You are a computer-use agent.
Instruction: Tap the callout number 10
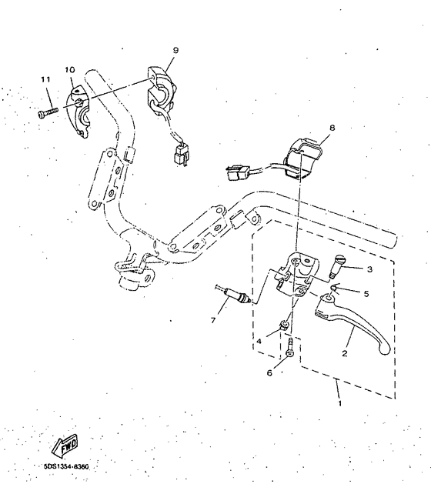[x=70, y=69]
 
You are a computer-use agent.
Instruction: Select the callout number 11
[x=45, y=80]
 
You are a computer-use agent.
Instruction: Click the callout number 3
[x=369, y=269]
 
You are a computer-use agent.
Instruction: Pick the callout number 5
[x=366, y=293]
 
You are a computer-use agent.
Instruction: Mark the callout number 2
[x=345, y=354]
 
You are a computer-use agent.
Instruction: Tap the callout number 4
[x=259, y=340]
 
